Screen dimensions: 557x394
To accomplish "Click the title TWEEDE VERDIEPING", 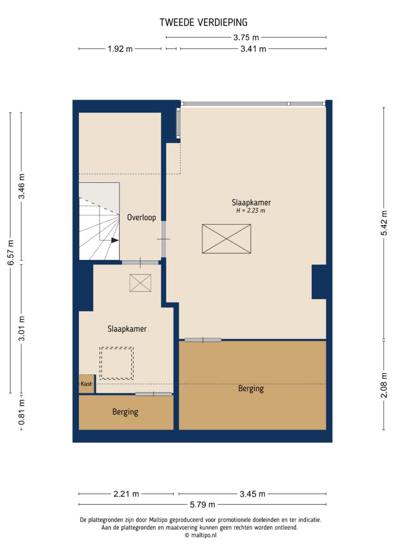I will coord(204,22).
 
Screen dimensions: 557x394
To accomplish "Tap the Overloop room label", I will coord(141,218).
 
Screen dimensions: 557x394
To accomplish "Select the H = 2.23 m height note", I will coord(251,211).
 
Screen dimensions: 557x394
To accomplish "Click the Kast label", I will coord(86,384).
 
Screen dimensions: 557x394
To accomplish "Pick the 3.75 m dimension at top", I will coord(246,38).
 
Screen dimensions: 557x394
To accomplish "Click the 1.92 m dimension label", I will coord(120,49).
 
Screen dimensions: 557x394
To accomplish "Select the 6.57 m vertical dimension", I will coord(10,252).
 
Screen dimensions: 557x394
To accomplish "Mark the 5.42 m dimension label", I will coord(385,222).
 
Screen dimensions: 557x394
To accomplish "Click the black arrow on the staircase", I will coord(114,239).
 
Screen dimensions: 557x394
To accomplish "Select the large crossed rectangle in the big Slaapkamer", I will coord(227,239).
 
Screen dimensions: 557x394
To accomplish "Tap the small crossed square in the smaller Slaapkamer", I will coord(140,283).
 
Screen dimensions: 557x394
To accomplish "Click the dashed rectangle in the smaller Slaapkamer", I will coord(116,363).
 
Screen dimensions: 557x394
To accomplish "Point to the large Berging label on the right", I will coord(251,389).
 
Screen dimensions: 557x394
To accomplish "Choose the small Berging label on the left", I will coord(125,412).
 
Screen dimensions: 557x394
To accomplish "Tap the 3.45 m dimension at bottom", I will coord(252,494).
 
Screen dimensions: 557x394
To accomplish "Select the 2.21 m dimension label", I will coord(126,494).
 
